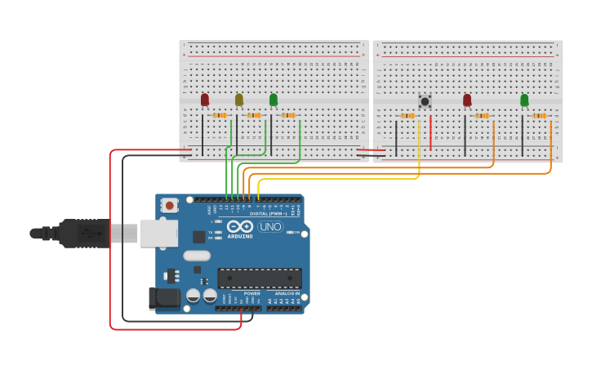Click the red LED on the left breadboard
tap(205, 100)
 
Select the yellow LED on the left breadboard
tap(239, 100)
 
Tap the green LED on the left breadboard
tap(274, 100)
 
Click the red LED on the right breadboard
tap(467, 100)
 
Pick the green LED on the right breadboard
tap(524, 100)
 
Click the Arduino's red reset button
tap(169, 206)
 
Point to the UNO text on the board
tap(270, 226)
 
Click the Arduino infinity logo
tap(240, 226)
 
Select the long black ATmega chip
tap(259, 278)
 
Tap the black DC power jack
tap(164, 298)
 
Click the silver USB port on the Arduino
tap(158, 233)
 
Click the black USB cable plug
tap(82, 233)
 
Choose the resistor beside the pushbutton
tap(407, 116)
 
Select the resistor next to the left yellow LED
tap(254, 115)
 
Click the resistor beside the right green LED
tap(539, 116)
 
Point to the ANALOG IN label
tap(286, 293)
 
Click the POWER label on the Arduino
tap(252, 293)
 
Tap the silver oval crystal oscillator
tap(197, 256)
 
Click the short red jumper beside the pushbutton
tap(430, 132)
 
